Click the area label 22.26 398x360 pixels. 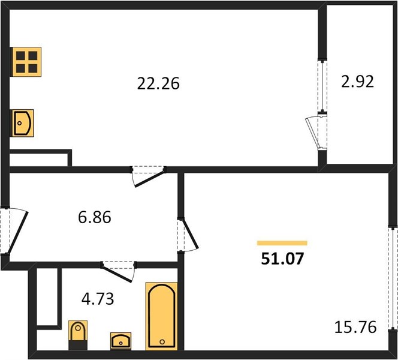[x=158, y=83]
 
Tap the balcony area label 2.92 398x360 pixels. [x=357, y=82]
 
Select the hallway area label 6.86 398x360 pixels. [x=95, y=217]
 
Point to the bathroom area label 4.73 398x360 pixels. [x=98, y=299]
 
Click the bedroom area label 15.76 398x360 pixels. [x=355, y=327]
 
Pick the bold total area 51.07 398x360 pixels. [x=282, y=259]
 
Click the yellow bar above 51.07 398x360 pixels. [x=282, y=243]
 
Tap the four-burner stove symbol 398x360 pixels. [x=26, y=62]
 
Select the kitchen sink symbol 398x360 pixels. [x=23, y=123]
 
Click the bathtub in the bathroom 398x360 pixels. [x=161, y=316]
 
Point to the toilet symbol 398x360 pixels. [x=78, y=335]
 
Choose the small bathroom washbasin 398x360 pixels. [x=121, y=341]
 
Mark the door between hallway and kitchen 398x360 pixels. [x=149, y=176]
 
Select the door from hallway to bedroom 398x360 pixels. [x=188, y=235]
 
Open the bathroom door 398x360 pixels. [x=117, y=272]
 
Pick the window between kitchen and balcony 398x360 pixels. [x=322, y=86]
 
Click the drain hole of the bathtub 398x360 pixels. [x=162, y=342]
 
